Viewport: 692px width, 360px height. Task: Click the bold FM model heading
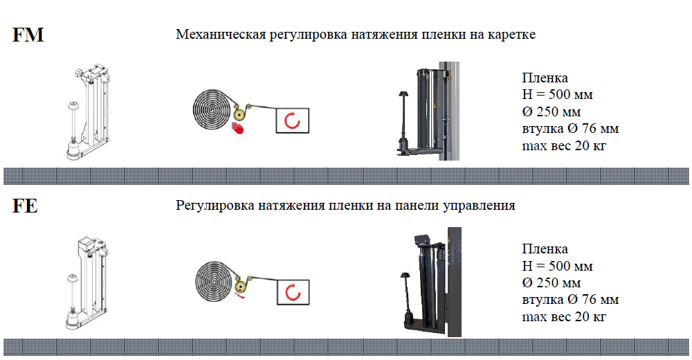[28, 35]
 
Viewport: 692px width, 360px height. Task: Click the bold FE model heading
[25, 206]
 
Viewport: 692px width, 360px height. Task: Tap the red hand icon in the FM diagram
[238, 127]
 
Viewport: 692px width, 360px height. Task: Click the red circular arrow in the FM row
[292, 120]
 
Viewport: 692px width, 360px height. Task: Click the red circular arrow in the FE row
[293, 292]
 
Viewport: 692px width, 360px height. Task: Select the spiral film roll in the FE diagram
[215, 281]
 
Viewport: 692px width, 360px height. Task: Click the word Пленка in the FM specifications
[545, 78]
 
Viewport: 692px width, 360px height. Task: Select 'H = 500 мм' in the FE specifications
[557, 266]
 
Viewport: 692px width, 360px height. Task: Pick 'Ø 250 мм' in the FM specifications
[552, 111]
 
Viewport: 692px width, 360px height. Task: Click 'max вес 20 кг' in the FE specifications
[564, 316]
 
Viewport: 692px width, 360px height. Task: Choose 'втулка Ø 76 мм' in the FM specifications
[570, 129]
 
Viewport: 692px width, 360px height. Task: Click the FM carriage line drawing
[88, 112]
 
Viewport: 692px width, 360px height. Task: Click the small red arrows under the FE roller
[239, 296]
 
